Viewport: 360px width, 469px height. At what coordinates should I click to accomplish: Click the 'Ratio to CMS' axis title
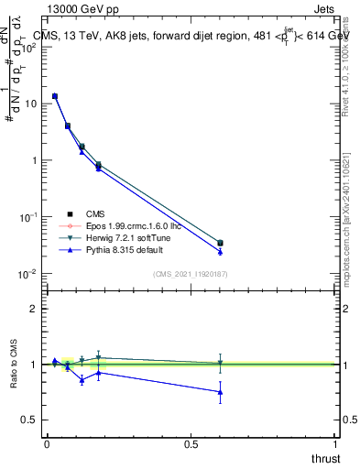click(x=14, y=365)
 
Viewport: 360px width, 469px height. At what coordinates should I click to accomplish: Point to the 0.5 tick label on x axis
click(x=191, y=443)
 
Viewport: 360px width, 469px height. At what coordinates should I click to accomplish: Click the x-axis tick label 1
click(x=335, y=443)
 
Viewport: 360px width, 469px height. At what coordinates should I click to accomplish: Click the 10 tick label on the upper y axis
click(x=31, y=104)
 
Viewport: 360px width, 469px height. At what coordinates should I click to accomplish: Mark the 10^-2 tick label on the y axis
click(x=27, y=274)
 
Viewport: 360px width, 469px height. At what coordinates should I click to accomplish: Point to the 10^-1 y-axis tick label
click(x=27, y=217)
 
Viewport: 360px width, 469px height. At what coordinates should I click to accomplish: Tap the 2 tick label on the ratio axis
click(x=34, y=309)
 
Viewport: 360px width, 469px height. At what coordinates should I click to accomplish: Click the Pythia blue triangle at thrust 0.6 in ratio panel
click(x=220, y=392)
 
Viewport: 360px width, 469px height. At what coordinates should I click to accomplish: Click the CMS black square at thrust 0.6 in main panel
click(x=220, y=243)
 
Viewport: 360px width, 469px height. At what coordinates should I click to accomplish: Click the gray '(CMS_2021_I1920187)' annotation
click(x=191, y=273)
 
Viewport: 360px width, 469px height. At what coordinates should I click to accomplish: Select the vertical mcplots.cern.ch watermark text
click(x=349, y=220)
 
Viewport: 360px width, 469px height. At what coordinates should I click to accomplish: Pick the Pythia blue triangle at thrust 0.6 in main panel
click(x=220, y=251)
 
